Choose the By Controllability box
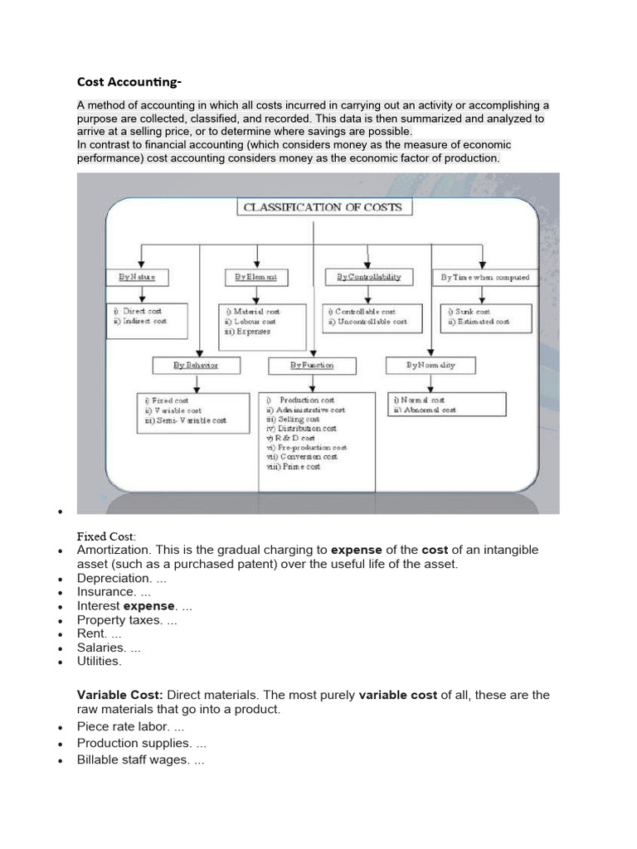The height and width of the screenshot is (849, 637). (368, 276)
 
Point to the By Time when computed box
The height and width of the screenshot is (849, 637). (484, 276)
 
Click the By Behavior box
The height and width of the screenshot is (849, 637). (196, 364)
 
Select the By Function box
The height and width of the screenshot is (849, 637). (312, 364)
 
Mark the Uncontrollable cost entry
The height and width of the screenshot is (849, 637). (367, 321)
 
